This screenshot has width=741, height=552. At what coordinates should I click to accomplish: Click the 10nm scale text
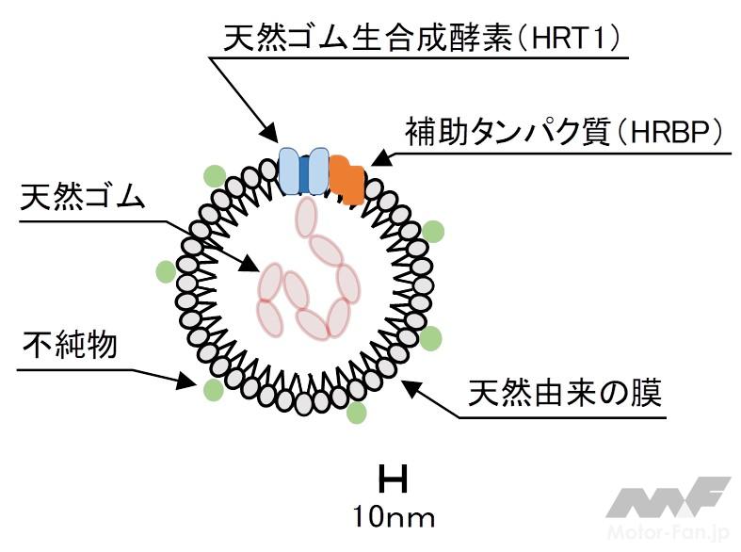(394, 516)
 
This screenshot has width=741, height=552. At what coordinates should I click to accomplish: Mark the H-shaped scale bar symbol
(393, 480)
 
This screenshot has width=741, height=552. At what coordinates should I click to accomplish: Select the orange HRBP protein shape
(346, 178)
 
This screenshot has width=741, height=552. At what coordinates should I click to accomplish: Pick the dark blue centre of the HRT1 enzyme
(303, 170)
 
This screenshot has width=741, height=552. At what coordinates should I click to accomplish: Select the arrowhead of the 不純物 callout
(188, 382)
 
